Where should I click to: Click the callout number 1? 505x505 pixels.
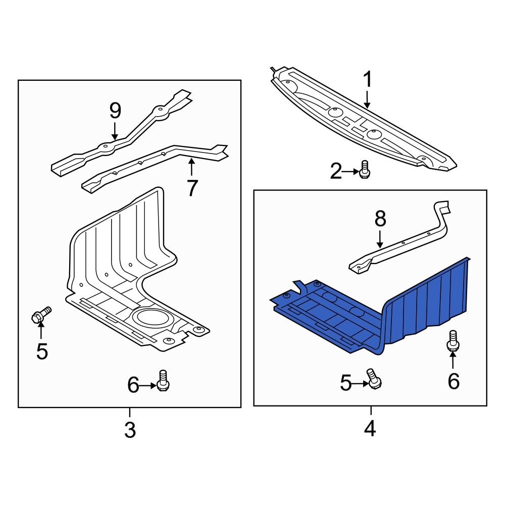[x=368, y=79]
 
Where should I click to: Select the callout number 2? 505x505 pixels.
[x=336, y=171]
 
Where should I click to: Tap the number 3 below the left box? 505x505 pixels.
[x=130, y=430]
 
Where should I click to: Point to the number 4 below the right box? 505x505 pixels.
[x=370, y=429]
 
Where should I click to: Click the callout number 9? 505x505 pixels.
[x=115, y=111]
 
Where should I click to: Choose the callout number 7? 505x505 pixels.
[x=192, y=188]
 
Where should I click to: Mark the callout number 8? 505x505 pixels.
[x=380, y=219]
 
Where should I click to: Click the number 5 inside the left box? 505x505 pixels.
[x=42, y=351]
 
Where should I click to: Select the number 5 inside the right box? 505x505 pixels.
[x=345, y=383]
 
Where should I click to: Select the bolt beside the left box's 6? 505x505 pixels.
[x=163, y=381]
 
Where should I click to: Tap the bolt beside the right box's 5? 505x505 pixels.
[x=374, y=379]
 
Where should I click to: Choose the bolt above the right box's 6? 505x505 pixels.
[x=453, y=341]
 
